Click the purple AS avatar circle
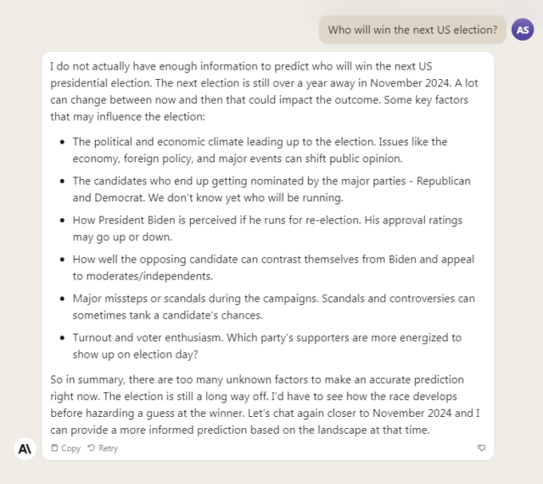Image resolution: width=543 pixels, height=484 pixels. pyautogui.click(x=523, y=30)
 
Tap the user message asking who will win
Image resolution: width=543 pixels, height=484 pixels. pyautogui.click(x=412, y=30)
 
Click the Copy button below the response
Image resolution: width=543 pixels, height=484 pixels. pyautogui.click(x=66, y=448)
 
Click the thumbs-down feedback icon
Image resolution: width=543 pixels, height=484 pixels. pyautogui.click(x=481, y=448)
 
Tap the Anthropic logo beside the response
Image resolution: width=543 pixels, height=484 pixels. pyautogui.click(x=25, y=449)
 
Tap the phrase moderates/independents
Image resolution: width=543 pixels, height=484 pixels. pyautogui.click(x=145, y=275)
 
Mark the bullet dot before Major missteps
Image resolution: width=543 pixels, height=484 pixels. pyautogui.click(x=63, y=299)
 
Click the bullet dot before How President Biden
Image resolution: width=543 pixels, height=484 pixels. pyautogui.click(x=63, y=221)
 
